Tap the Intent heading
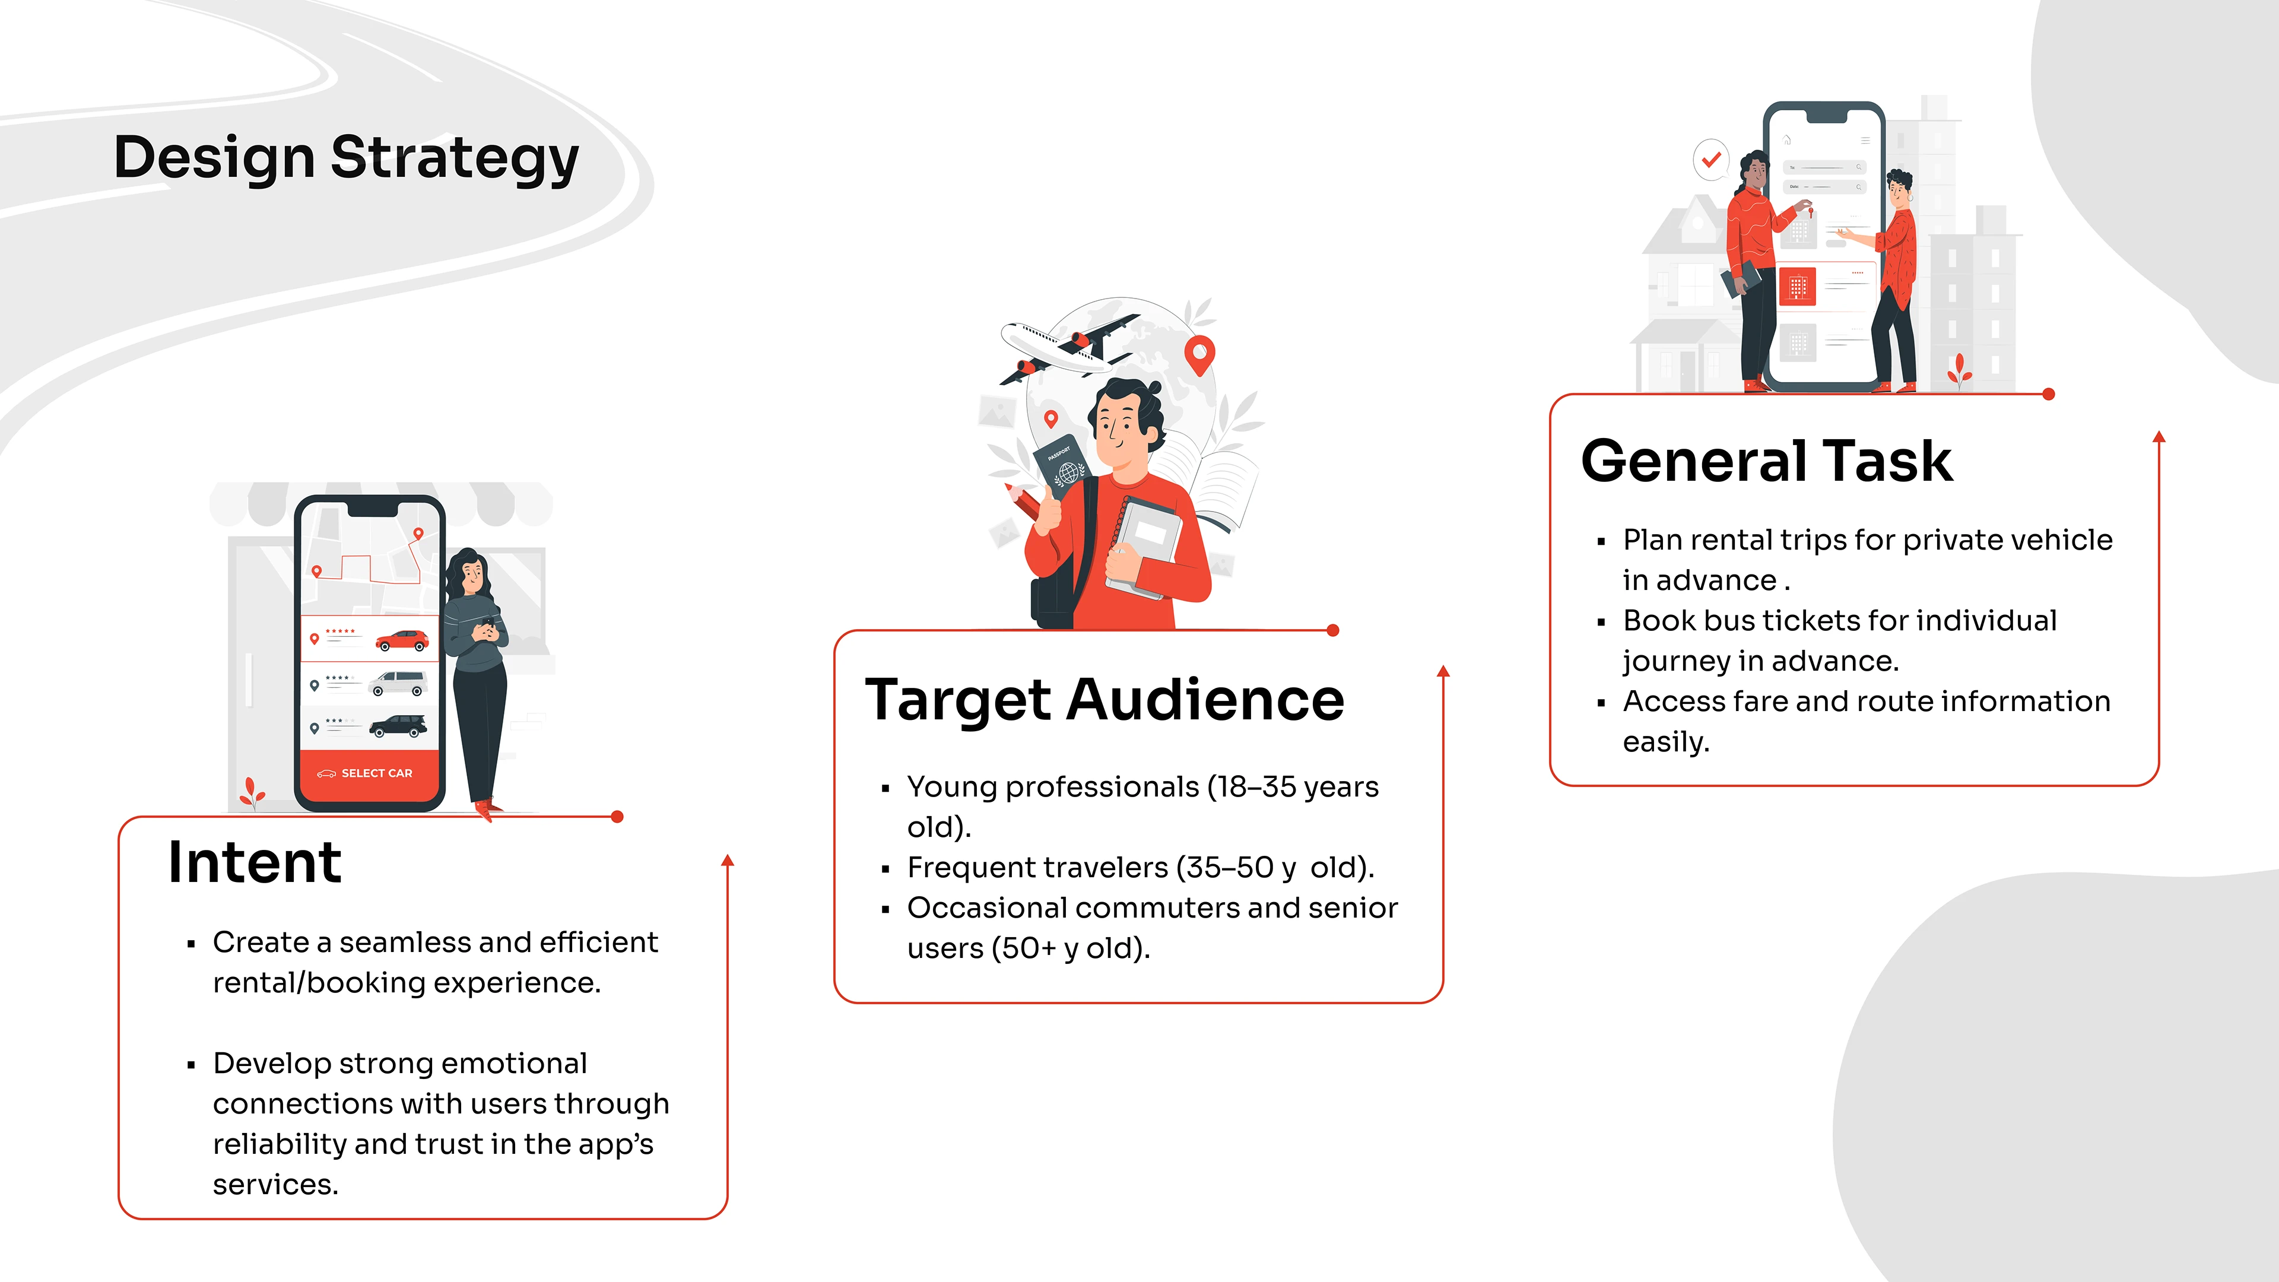255,862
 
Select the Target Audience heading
1104,700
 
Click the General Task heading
1767,461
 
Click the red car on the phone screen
402,640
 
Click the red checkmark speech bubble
1711,160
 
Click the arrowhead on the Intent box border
727,860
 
